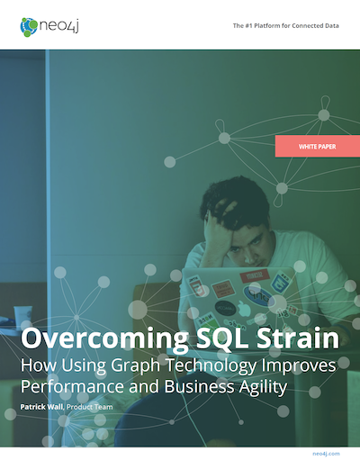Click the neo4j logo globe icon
pos(29,27)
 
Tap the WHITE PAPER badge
pos(318,146)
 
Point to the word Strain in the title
pos(298,337)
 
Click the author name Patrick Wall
pos(41,407)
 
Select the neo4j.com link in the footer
pos(326,454)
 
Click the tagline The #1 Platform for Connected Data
pos(286,26)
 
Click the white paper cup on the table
pos(22,317)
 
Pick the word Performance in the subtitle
pos(72,387)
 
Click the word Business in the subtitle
pos(199,386)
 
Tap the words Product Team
pos(90,407)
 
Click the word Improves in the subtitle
pos(299,366)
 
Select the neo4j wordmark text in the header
pos(59,26)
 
